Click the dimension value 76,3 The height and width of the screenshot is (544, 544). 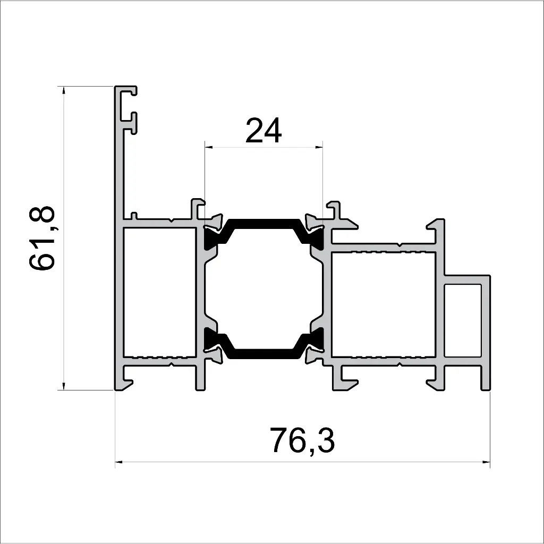coord(302,440)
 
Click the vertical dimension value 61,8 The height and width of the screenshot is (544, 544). coord(42,238)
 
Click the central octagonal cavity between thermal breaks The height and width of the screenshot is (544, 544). coord(264,288)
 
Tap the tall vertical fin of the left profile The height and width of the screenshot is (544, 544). coord(120,159)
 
